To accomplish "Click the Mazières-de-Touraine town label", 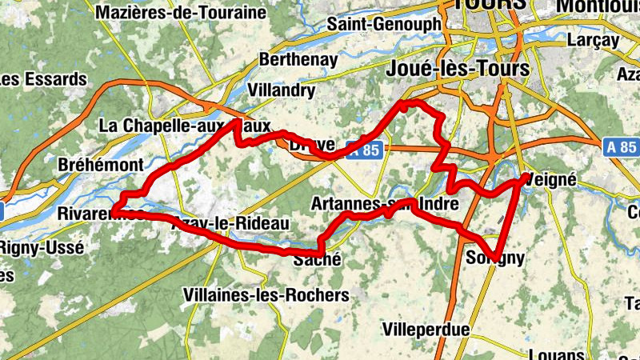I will pos(180,12).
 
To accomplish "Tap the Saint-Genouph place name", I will pos(383,25).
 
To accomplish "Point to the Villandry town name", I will pos(282,90).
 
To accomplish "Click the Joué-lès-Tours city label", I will pos(457,70).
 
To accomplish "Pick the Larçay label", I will pos(594,38).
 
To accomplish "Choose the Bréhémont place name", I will pos(101,164).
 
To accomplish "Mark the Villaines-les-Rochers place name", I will pos(266,295).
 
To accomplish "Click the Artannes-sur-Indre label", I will pos(386,203).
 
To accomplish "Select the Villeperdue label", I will pos(422,329).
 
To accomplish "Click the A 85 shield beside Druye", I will pos(368,149).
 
